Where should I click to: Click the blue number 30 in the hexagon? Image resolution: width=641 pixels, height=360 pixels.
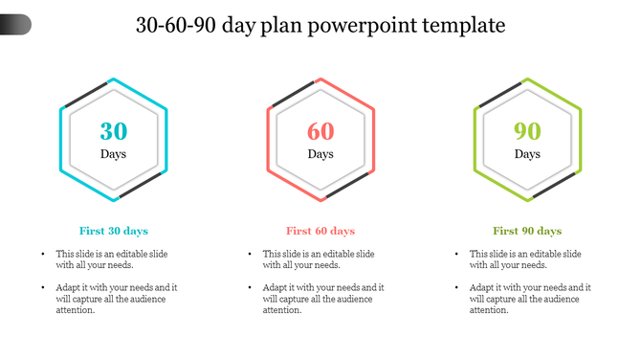click(x=113, y=132)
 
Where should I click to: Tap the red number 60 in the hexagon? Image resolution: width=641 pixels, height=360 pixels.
click(x=320, y=132)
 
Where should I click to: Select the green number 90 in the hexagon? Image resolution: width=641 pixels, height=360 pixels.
click(x=527, y=132)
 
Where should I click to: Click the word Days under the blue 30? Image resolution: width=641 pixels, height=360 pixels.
click(x=113, y=154)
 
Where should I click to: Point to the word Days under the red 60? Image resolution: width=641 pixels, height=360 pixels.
click(x=320, y=154)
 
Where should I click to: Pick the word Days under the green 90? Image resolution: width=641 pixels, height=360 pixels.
click(x=527, y=154)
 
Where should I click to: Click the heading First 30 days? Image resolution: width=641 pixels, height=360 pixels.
click(x=113, y=231)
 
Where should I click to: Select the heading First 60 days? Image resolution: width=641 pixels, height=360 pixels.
click(x=320, y=231)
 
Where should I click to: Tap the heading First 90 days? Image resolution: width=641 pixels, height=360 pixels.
click(x=527, y=231)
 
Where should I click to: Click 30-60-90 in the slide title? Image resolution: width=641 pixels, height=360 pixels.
click(x=175, y=26)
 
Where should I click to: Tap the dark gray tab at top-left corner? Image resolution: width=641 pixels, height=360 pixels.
click(x=14, y=24)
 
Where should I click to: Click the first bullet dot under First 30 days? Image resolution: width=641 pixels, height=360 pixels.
click(x=43, y=254)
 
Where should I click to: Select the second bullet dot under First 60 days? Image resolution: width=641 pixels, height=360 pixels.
click(x=250, y=287)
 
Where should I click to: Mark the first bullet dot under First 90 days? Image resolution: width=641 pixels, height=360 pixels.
click(x=456, y=254)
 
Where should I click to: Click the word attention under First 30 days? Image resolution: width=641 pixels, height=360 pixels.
click(x=77, y=310)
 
